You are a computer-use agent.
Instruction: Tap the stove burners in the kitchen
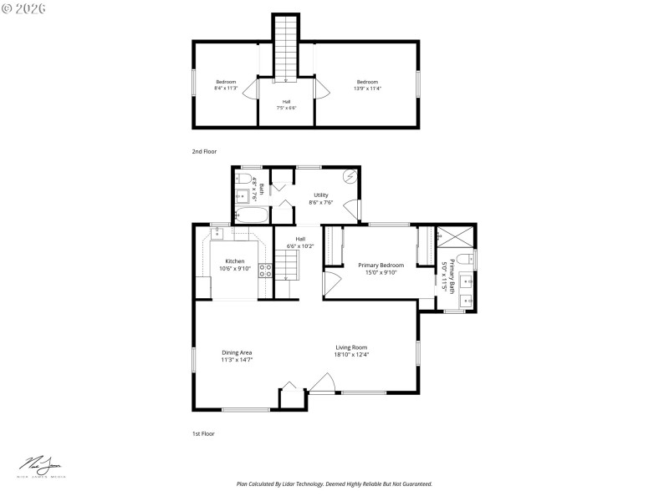tap(264, 270)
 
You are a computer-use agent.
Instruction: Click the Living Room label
tap(351, 347)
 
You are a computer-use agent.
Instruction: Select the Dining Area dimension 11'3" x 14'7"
tap(237, 360)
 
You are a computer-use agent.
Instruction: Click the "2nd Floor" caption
tap(203, 151)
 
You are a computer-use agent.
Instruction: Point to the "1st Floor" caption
tap(202, 434)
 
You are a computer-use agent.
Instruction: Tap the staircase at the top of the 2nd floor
tap(286, 46)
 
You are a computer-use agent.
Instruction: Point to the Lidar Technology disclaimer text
tap(334, 483)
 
